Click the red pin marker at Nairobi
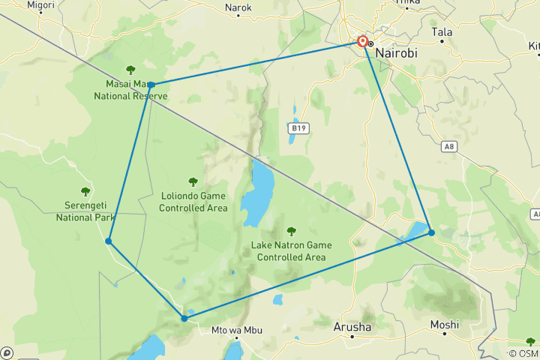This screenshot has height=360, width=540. point(362,42)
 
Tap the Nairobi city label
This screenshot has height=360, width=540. point(397,54)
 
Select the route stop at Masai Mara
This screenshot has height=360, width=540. point(151,85)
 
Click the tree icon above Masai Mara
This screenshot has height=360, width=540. point(130,70)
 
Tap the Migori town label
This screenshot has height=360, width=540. point(40,4)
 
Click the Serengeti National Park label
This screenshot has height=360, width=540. point(85,211)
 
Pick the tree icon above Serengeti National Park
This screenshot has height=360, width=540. point(85,192)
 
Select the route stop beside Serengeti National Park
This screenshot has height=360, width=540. point(109,241)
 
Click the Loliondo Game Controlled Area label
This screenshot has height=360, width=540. point(193,201)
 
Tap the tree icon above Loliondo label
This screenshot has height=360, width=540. point(193,181)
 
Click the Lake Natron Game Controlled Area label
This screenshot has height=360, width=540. point(291,250)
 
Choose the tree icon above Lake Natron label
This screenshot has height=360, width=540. point(291,231)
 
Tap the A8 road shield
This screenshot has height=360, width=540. point(449,147)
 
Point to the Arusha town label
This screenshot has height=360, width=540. point(352,327)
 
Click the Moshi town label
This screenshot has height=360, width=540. point(444,325)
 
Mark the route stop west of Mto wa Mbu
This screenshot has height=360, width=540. point(184,318)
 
